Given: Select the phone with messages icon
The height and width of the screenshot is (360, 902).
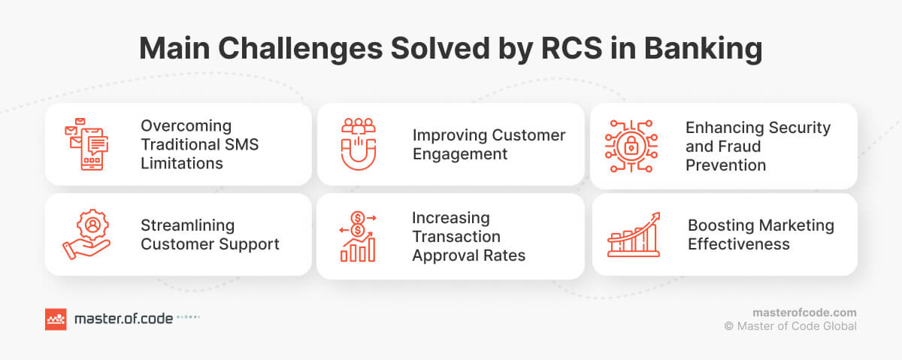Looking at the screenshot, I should coord(86,144).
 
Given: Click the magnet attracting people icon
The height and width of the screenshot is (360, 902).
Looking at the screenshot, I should coord(359,144).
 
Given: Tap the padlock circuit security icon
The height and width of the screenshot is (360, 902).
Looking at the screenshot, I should coord(631,144).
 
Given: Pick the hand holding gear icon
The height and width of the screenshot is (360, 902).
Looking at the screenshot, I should coord(86,234).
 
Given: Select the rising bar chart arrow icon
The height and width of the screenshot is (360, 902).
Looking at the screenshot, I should coord(634,234).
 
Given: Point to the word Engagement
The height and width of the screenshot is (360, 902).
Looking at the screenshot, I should coord(460,154).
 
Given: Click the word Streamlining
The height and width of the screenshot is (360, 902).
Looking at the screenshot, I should coord(188,225).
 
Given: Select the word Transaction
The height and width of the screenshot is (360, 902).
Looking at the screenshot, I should coord(456,236).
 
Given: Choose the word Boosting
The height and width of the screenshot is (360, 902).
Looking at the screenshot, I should coord(721,225).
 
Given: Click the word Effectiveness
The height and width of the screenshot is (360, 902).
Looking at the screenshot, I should coord(739,244).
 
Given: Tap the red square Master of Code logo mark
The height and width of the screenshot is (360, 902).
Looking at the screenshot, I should coord(56,319).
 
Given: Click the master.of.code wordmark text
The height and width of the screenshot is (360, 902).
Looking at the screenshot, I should coord(123,319).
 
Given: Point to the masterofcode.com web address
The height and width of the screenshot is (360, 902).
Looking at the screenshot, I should coord(804,312).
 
